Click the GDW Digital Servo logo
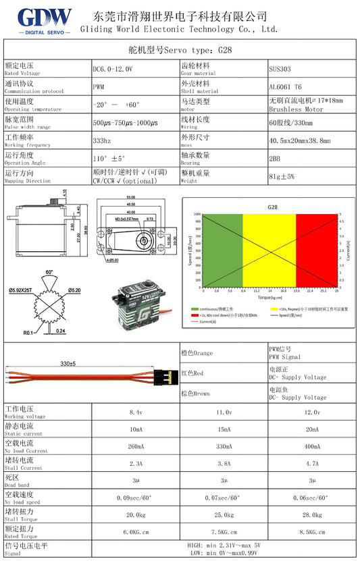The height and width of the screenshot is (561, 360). click(45, 20)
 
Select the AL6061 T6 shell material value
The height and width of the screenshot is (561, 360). click(286, 86)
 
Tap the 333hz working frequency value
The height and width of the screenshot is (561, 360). click(102, 140)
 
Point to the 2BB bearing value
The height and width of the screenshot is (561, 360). click(275, 157)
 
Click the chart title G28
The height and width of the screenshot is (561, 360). click(272, 207)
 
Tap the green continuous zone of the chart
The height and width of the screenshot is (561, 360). click(222, 250)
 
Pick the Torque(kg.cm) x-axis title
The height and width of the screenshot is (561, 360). click(269, 296)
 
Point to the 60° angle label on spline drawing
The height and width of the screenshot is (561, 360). click(49, 272)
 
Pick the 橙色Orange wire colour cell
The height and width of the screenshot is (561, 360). click(197, 353)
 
